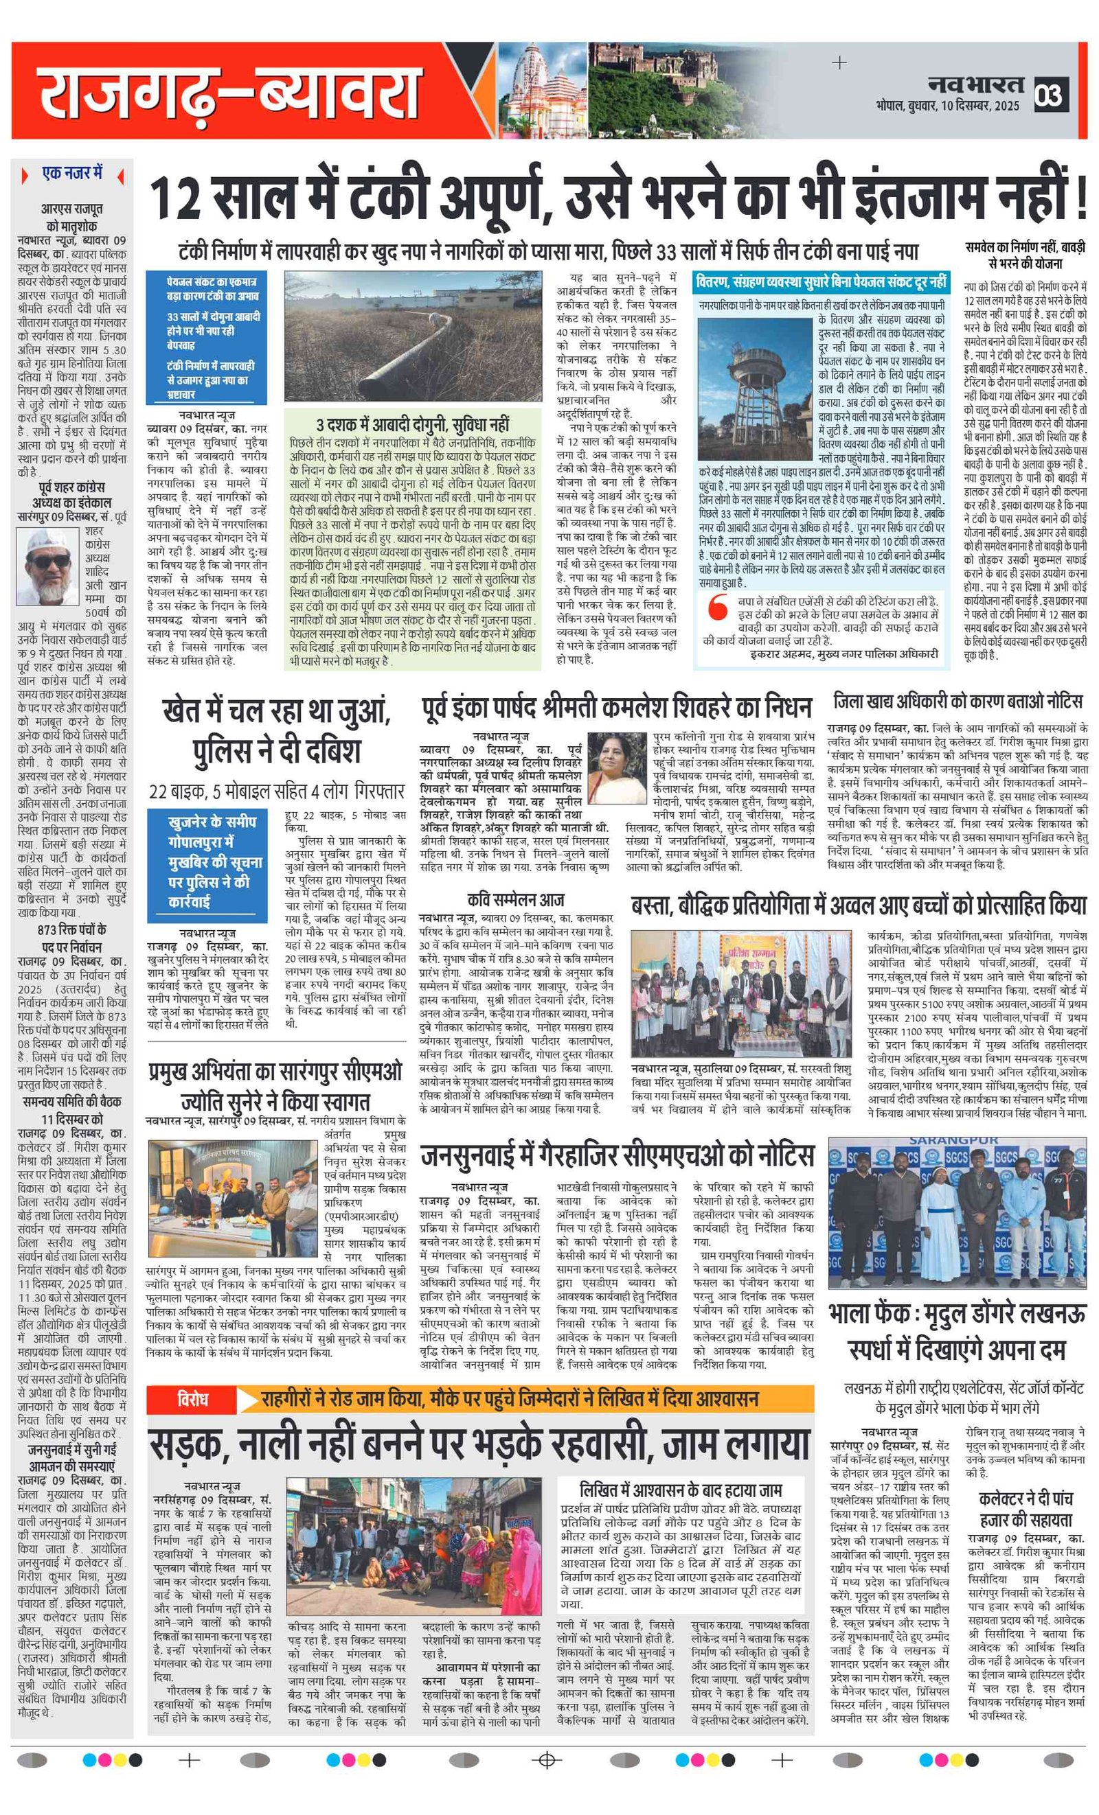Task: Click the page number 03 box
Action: coord(1050,95)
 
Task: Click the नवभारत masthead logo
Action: coord(976,84)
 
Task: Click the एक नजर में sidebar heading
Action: coord(72,174)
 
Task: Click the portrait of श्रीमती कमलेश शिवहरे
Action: coord(616,767)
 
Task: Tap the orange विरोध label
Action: coord(192,1398)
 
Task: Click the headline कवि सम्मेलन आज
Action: coord(516,899)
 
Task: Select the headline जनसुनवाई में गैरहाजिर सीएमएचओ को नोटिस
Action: coord(617,1156)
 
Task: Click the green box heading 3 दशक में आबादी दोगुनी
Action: coord(412,424)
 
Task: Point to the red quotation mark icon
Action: coord(716,608)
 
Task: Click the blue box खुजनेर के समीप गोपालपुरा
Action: coord(206,863)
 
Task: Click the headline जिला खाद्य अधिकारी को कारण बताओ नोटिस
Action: coord(958,700)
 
